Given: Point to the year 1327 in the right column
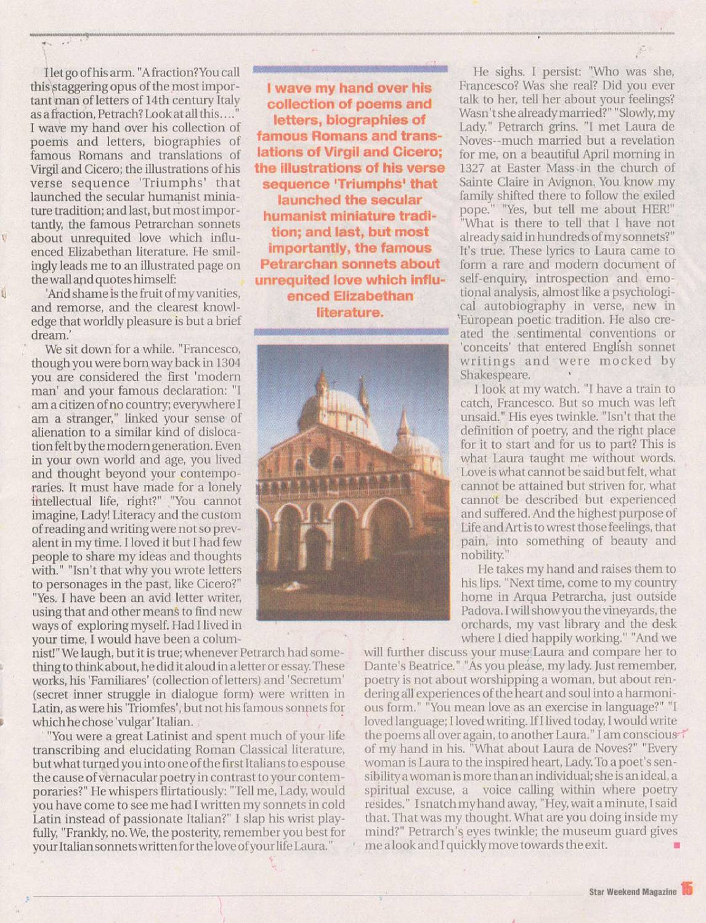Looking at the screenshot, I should (x=472, y=168).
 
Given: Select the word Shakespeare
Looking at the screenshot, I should (x=495, y=375).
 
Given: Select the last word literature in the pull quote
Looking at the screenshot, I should (x=349, y=312).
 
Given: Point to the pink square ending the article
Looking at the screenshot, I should (x=676, y=845).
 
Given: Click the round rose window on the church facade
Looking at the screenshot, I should (x=319, y=458).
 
